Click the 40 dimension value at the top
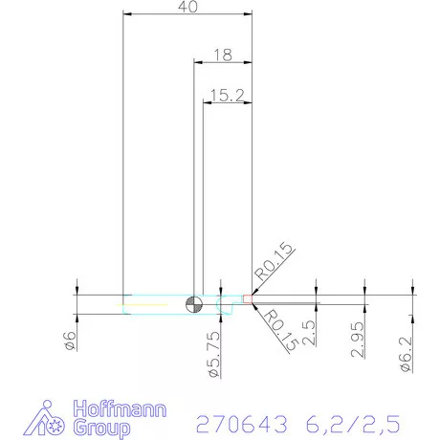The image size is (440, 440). (x=188, y=7)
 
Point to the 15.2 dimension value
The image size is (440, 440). (x=229, y=95)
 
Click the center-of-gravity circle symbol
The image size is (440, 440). (x=194, y=303)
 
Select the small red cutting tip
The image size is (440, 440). (x=248, y=299)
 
